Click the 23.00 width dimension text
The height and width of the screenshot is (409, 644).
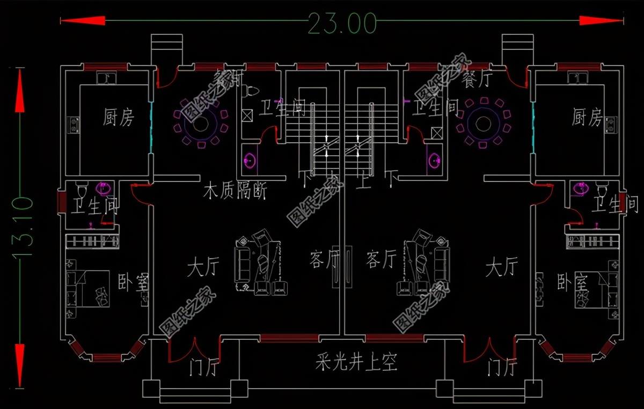342,23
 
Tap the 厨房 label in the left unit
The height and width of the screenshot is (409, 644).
119,117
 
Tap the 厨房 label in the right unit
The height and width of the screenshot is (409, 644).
587,117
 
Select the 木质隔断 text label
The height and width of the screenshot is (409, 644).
235,191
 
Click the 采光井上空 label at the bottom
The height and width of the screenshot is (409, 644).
356,363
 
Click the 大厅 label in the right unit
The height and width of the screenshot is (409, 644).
502,267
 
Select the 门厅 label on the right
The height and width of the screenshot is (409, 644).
502,368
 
